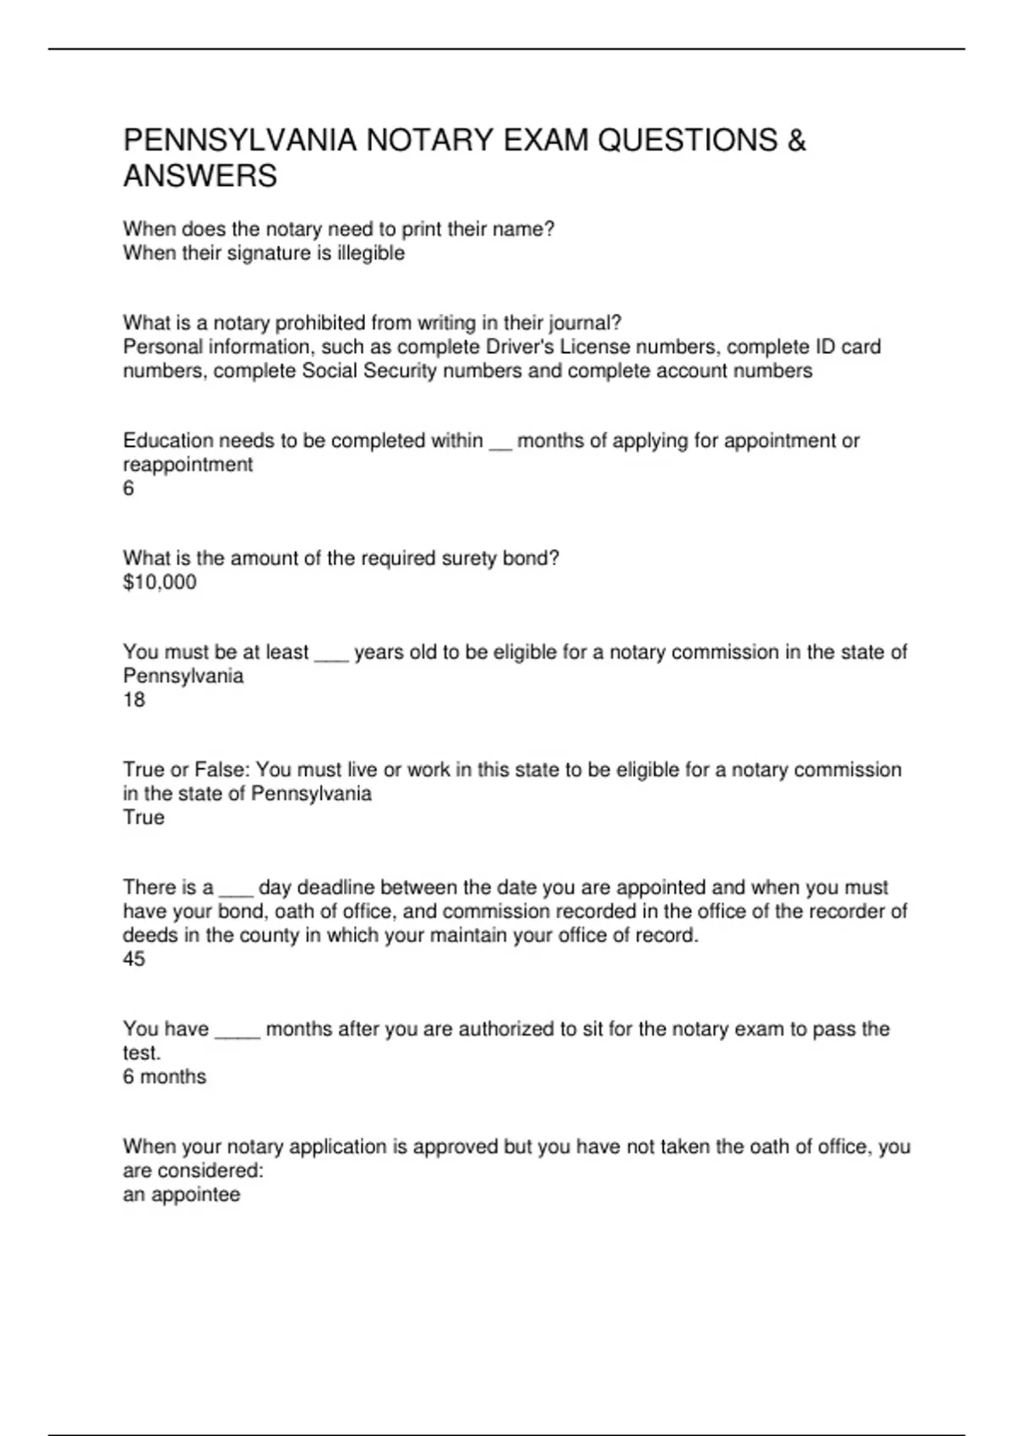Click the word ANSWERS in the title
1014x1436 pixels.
[200, 177]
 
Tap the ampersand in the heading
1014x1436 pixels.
[796, 140]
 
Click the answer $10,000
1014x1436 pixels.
[160, 582]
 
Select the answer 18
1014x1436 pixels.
[134, 699]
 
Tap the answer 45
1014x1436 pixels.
[134, 959]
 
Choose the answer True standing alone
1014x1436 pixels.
[144, 817]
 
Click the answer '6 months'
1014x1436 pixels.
[165, 1076]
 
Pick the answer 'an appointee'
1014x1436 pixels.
[182, 1194]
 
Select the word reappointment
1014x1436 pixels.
[188, 465]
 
